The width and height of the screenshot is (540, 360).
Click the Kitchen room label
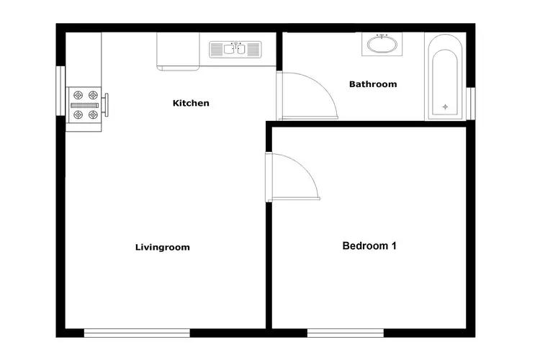click(191, 103)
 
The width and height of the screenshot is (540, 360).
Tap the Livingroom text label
click(163, 247)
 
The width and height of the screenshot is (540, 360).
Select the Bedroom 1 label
click(369, 246)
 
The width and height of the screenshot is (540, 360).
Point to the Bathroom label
click(373, 84)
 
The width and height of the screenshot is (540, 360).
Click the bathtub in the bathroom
click(445, 76)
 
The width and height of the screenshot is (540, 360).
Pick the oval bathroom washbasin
click(382, 45)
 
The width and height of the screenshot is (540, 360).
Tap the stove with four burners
click(84, 104)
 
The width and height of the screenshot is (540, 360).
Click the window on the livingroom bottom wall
click(137, 333)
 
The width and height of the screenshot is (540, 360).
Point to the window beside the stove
click(61, 90)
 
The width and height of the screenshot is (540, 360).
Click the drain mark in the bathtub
click(445, 107)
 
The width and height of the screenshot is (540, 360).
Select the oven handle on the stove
click(107, 104)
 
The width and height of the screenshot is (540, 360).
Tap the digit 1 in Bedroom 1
click(393, 246)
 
